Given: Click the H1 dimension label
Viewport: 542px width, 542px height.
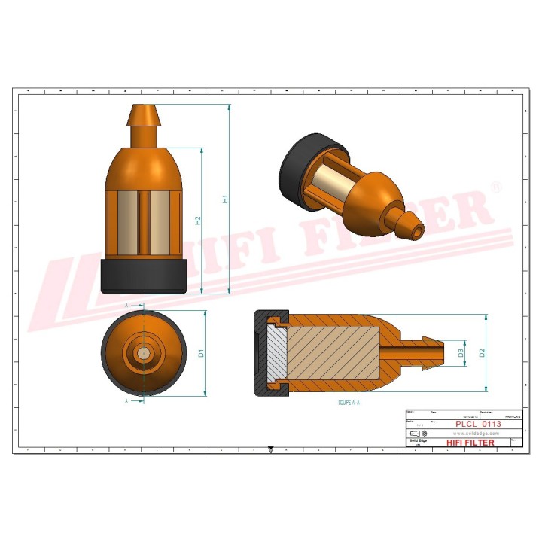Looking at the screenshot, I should (x=224, y=199).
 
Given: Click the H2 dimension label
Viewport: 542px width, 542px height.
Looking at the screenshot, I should (x=198, y=221).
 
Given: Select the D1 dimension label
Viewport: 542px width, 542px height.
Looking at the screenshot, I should (x=201, y=352).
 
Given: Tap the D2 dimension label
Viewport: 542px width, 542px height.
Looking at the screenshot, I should (x=483, y=352).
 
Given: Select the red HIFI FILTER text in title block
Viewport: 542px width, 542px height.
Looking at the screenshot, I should (x=470, y=443).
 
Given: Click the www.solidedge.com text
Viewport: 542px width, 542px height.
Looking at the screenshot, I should (x=477, y=434).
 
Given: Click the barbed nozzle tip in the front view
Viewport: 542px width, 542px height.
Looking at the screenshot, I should (x=143, y=117).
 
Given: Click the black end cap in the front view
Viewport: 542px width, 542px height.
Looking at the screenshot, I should (x=143, y=276).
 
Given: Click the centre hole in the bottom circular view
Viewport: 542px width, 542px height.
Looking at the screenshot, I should (x=143, y=352).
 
